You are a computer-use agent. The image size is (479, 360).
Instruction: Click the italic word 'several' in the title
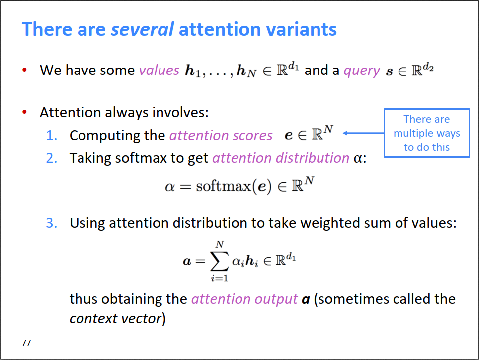pyautogui.click(x=142, y=29)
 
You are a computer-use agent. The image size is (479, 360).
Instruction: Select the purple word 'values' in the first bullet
pyautogui.click(x=159, y=70)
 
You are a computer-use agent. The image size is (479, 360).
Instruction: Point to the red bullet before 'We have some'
pyautogui.click(x=24, y=70)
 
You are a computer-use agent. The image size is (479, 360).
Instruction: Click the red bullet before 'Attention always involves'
pyautogui.click(x=24, y=112)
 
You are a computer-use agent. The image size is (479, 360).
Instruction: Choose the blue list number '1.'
pyautogui.click(x=52, y=135)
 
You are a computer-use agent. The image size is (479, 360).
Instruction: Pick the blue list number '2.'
pyautogui.click(x=52, y=158)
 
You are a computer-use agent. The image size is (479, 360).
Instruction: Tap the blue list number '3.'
pyautogui.click(x=52, y=223)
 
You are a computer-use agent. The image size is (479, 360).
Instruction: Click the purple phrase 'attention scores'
pyautogui.click(x=221, y=135)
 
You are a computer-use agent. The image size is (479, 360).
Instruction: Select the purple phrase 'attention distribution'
pyautogui.click(x=281, y=158)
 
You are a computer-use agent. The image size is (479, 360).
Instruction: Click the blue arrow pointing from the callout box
pyautogui.click(x=364, y=133)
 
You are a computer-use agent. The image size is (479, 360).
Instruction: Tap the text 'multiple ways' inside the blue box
pyautogui.click(x=427, y=134)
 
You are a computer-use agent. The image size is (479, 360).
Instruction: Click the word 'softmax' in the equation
pyautogui.click(x=224, y=186)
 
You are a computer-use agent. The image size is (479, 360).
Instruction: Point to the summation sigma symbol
pyautogui.click(x=219, y=261)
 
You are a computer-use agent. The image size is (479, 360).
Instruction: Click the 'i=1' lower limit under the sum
pyautogui.click(x=219, y=278)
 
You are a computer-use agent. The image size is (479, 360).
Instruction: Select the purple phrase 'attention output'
pyautogui.click(x=244, y=299)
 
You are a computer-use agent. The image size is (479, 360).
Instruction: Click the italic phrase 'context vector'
pyautogui.click(x=115, y=318)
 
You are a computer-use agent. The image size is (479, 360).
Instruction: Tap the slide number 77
pyautogui.click(x=26, y=343)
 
